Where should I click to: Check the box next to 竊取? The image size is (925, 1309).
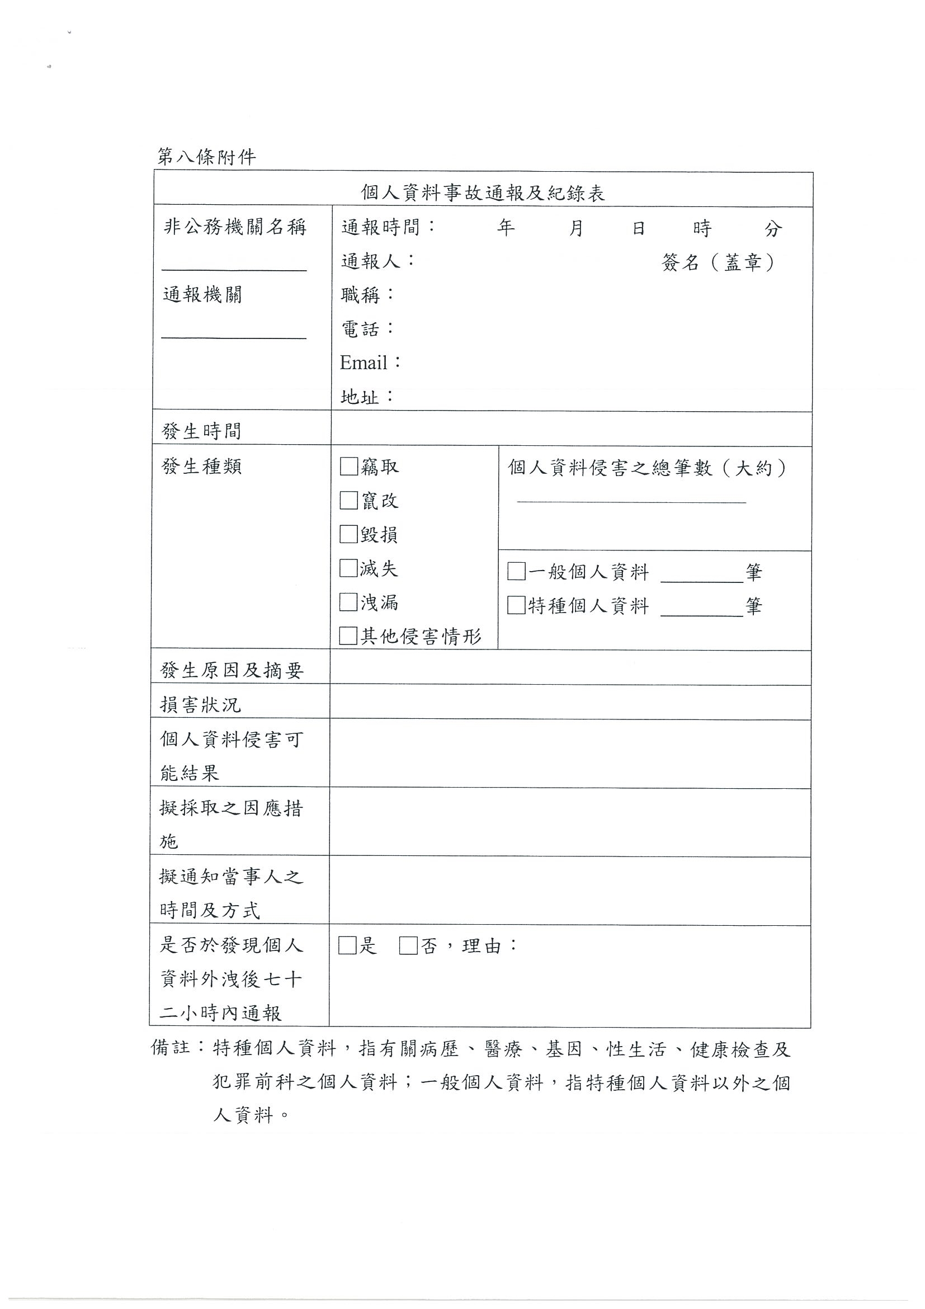[x=348, y=467]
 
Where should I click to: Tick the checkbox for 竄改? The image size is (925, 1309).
[x=348, y=500]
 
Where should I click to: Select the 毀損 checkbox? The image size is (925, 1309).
[x=348, y=534]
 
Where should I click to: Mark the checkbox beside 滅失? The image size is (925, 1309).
[x=348, y=568]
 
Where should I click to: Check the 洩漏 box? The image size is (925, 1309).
[x=348, y=601]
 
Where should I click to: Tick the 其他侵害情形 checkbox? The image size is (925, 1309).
[x=348, y=635]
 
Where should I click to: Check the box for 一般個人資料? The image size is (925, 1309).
[x=516, y=571]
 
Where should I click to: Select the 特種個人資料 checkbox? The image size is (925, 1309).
[x=516, y=605]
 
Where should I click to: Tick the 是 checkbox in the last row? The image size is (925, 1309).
[x=347, y=946]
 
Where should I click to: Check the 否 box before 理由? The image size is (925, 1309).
[x=408, y=946]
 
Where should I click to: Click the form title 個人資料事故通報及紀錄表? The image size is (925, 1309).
[x=483, y=192]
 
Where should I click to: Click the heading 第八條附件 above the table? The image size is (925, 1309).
[x=206, y=157]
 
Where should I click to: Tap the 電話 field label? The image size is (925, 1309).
[x=360, y=329]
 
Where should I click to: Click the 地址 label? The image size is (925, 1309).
[x=360, y=397]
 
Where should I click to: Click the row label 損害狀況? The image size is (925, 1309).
[x=201, y=705]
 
